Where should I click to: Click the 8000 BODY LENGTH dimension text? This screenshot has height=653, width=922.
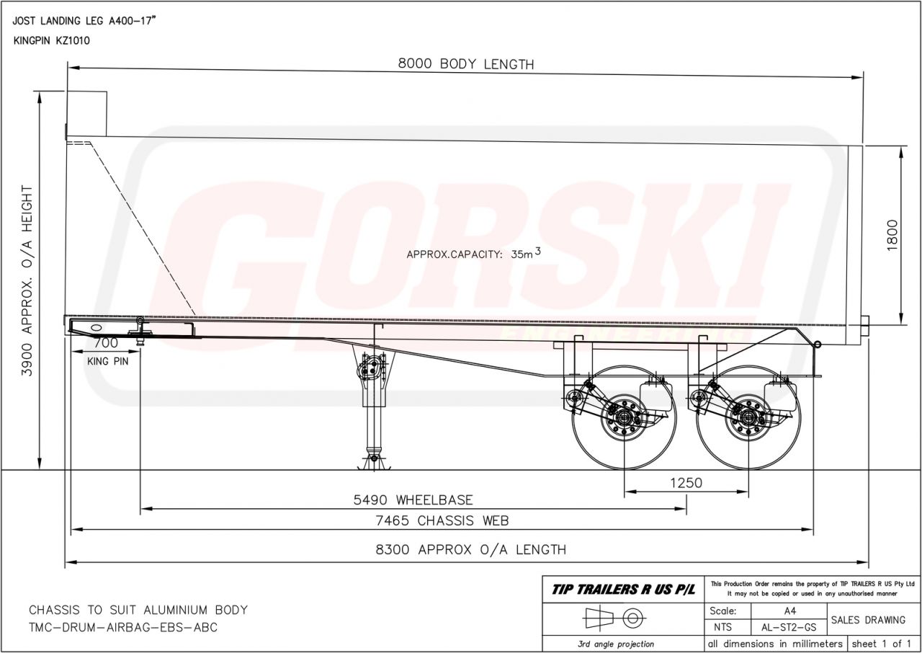point(466,64)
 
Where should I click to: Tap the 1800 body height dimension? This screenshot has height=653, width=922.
point(892,235)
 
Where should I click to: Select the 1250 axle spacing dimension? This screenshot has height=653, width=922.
point(686,483)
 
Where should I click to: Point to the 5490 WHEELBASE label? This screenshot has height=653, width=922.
point(413,499)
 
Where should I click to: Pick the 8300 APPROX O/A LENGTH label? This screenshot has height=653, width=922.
point(470,550)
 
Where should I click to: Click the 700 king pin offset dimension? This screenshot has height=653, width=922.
point(106,343)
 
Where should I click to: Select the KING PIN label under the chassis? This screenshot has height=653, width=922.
point(107,361)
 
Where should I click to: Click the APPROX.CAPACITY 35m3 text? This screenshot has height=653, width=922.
point(473,253)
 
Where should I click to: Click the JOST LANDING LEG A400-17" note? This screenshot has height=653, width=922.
point(85,21)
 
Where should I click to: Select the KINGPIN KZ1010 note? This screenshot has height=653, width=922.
point(51,40)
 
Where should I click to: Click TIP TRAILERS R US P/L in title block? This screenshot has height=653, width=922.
point(623,590)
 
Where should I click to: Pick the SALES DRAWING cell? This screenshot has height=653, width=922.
point(868,620)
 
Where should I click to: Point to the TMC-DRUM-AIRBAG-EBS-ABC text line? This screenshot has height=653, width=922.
point(122,627)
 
